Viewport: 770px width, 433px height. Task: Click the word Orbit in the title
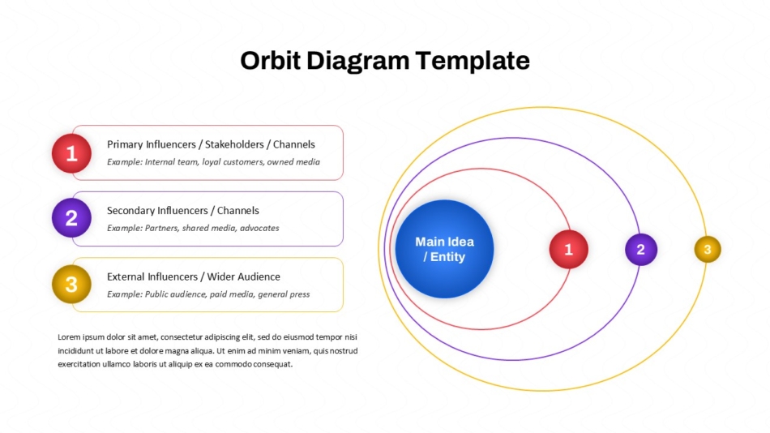270,61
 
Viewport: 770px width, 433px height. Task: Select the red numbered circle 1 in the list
71,153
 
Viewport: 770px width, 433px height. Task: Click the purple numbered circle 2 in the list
71,218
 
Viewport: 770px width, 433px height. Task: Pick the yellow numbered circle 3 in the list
71,284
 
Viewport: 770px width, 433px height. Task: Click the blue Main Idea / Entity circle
444,249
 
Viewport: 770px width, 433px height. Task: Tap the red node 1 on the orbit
569,249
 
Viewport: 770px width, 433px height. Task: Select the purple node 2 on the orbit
641,249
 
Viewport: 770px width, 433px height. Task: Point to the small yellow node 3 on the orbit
708,249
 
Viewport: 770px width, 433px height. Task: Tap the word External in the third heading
126,277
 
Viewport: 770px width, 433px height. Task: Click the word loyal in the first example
212,162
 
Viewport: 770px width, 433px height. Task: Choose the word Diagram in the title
358,62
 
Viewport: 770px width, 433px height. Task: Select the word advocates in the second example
259,228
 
